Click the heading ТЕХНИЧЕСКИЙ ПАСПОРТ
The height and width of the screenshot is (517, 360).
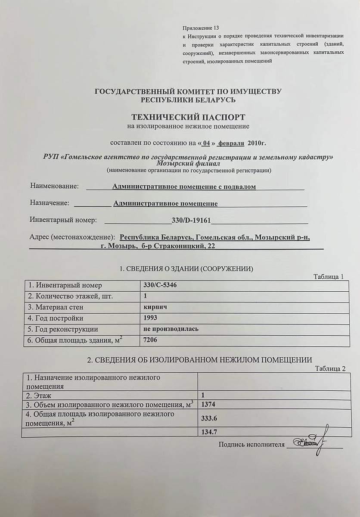pos(188,117)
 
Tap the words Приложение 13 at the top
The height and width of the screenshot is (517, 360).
pos(201,27)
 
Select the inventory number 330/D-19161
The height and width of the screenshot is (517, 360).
pos(191,220)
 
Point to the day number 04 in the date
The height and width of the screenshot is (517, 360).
pos(208,142)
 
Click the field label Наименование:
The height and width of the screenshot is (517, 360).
pos(54,186)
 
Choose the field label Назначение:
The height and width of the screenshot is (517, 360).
pos(50,203)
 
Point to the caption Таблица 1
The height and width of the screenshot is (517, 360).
pos(329,277)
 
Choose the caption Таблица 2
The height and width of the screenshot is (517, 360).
pos(330,369)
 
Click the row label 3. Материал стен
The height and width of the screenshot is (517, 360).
pos(55,307)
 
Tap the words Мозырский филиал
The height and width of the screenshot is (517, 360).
pos(188,164)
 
